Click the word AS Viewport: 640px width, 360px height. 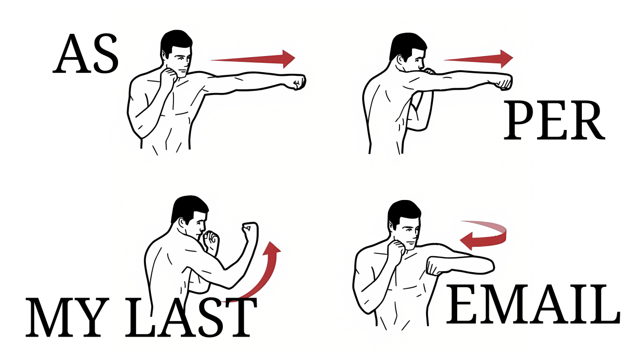click(85, 54)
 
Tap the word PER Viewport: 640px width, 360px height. click(554, 121)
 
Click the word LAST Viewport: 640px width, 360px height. click(191, 317)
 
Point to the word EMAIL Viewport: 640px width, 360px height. click(533, 304)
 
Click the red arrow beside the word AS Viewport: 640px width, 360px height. click(253, 59)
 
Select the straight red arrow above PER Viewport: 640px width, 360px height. click(478, 59)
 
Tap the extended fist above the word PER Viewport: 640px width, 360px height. click(504, 82)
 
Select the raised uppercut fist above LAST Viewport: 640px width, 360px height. click(249, 231)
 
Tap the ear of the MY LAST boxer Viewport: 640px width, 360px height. click(182, 224)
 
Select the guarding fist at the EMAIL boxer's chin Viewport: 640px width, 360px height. click(396, 248)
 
